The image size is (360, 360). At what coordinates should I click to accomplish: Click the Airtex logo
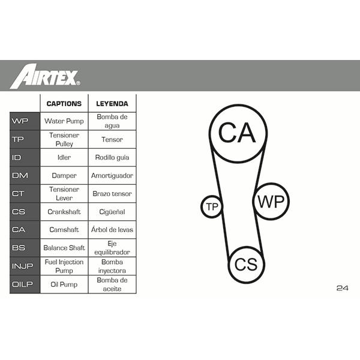coord(45,76)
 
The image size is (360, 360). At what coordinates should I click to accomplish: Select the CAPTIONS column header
coord(64,104)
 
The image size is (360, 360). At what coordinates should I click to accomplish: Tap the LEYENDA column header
coord(112,104)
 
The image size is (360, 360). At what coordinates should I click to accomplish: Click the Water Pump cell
coord(64,121)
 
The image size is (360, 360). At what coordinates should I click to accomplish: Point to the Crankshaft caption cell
coord(64,212)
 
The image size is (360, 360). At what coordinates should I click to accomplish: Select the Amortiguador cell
coord(112,176)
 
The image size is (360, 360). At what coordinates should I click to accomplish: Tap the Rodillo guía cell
coord(112,157)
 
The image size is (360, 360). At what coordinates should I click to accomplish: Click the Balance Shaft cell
coord(64,248)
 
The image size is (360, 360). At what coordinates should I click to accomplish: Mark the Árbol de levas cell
coord(112,229)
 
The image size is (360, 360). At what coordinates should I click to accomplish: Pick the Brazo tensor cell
coord(112,194)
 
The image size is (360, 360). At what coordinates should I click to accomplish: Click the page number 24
coord(343,288)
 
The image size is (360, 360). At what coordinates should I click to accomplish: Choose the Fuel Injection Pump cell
coord(64,266)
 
